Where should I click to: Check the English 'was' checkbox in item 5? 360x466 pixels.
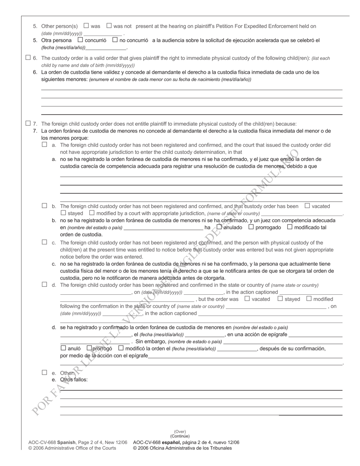[86, 26]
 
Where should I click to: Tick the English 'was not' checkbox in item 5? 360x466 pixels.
[109, 26]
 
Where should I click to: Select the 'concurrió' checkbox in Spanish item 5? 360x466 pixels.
[80, 39]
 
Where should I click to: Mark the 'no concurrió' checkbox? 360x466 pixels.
[115, 39]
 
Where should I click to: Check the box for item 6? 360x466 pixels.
[28, 58]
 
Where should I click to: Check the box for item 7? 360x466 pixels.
[28, 123]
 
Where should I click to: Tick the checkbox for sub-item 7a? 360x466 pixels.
[44, 144]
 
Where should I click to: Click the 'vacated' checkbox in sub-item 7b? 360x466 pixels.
[307, 206]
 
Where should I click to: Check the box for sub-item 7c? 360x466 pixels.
[44, 242]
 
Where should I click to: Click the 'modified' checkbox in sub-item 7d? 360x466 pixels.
[309, 299]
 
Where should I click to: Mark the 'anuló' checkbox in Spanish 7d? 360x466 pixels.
[63, 348]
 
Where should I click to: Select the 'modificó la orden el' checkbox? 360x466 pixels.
[121, 348]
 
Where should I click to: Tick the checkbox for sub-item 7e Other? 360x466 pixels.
[44, 372]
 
